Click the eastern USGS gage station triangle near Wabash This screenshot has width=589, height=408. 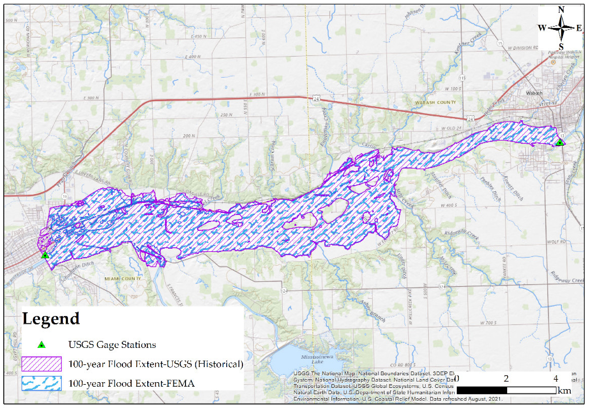click(x=560, y=142)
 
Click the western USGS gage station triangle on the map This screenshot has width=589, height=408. click(x=45, y=255)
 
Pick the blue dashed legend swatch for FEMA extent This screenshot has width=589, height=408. click(x=42, y=383)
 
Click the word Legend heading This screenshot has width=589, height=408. click(x=51, y=318)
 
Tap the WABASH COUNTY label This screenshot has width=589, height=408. click(x=435, y=102)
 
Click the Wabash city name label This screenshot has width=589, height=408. click(x=534, y=93)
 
